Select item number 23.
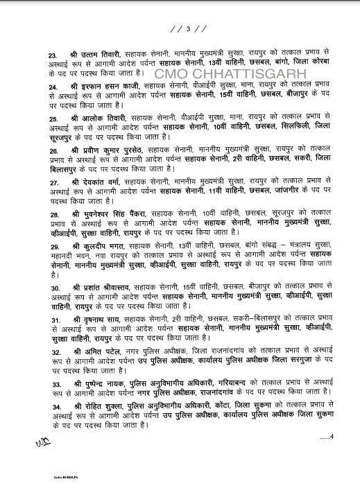(x=33, y=54)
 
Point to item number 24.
(x=33, y=87)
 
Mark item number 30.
(x=33, y=288)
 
